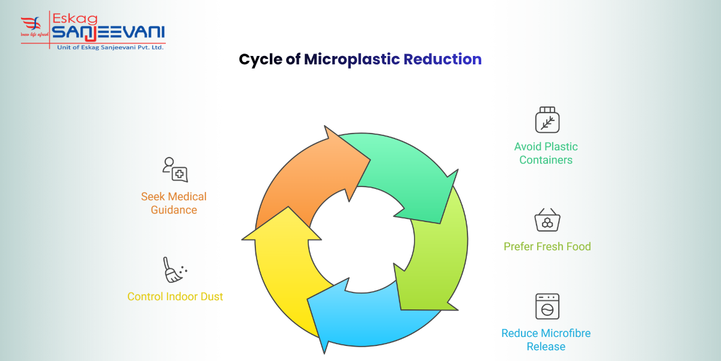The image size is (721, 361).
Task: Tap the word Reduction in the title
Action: click(x=443, y=60)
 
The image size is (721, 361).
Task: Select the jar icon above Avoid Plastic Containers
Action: click(x=547, y=120)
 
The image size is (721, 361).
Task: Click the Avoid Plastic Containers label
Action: click(x=546, y=153)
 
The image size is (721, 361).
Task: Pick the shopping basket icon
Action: click(x=547, y=220)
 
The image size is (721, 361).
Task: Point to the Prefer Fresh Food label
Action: click(x=547, y=246)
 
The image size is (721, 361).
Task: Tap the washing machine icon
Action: click(x=547, y=306)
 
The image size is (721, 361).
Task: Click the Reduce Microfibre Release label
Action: click(x=546, y=339)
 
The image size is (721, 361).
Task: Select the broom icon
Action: click(x=174, y=270)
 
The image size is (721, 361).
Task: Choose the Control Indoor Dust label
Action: click(x=175, y=296)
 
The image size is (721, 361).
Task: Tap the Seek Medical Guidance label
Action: click(x=174, y=203)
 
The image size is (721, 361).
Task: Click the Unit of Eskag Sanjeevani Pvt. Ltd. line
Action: click(x=108, y=46)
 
